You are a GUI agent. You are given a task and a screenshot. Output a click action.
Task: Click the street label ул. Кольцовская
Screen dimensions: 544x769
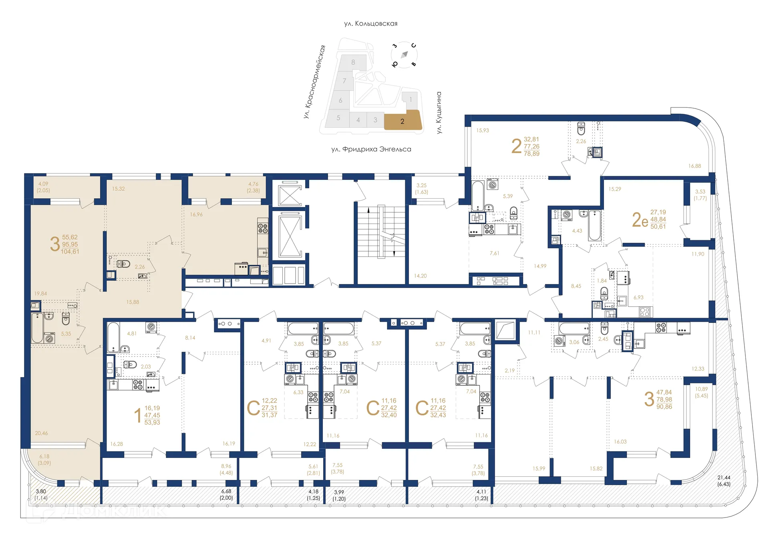click(x=370, y=24)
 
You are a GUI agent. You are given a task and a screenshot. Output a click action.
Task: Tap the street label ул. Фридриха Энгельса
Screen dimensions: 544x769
click(x=371, y=149)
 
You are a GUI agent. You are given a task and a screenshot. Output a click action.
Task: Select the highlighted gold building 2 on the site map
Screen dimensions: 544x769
click(x=403, y=121)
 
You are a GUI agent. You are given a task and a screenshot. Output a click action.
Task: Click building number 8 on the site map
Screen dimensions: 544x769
click(x=353, y=62)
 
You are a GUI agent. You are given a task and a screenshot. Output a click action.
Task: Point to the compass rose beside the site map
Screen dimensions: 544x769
click(x=404, y=54)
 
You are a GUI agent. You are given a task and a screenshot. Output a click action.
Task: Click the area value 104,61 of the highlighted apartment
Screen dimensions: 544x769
click(x=70, y=252)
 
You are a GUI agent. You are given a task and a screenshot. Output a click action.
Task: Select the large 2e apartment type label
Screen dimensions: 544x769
click(x=640, y=220)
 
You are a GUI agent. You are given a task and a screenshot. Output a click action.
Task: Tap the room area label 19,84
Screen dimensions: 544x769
click(x=40, y=294)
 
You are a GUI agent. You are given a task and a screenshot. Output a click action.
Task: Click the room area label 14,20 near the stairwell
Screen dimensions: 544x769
click(x=420, y=276)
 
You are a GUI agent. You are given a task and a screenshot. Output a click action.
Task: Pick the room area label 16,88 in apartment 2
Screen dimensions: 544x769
click(x=695, y=166)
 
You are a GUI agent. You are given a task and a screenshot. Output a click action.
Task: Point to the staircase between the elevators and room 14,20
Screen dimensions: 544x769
click(x=381, y=232)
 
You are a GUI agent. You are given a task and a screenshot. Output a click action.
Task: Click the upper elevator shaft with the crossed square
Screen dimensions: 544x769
click(x=290, y=195)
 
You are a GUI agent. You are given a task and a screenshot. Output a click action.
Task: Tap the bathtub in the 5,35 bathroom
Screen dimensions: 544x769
click(x=37, y=328)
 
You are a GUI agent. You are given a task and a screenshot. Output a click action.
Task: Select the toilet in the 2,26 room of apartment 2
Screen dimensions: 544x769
click(x=581, y=129)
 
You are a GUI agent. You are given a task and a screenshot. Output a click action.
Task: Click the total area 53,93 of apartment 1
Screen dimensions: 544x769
click(x=152, y=423)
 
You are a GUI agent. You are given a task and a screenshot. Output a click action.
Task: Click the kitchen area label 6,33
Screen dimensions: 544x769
click(x=298, y=393)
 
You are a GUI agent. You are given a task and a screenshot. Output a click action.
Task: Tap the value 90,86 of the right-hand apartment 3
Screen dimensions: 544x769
click(x=664, y=407)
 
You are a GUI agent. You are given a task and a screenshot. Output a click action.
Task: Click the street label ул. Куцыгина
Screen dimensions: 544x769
click(x=439, y=113)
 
